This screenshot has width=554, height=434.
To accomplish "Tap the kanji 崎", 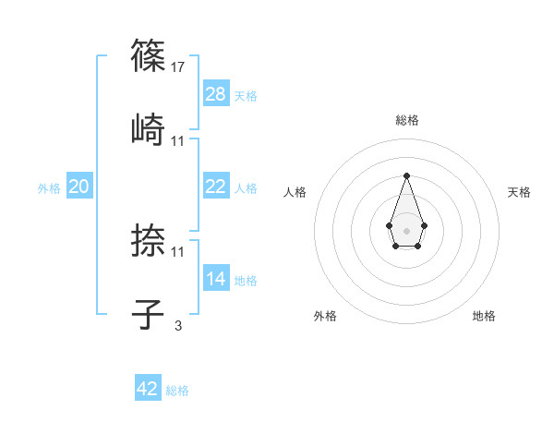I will pyautogui.click(x=149, y=127).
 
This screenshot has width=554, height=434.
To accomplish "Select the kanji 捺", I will pyautogui.click(x=149, y=240).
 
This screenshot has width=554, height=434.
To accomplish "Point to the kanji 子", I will pyautogui.click(x=149, y=312).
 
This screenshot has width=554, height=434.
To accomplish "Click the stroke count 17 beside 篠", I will pyautogui.click(x=178, y=67).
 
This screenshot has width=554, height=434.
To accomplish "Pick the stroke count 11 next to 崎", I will pyautogui.click(x=178, y=141).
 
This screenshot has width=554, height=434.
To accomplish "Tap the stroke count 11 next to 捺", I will pyautogui.click(x=178, y=252).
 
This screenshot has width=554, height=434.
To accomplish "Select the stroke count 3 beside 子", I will pyautogui.click(x=178, y=325).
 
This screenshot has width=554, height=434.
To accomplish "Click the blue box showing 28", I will pyautogui.click(x=216, y=94).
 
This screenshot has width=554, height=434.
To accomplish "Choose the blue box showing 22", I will pyautogui.click(x=216, y=187).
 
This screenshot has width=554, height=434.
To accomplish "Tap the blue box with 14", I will pyautogui.click(x=216, y=279).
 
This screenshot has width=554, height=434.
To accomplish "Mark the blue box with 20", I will pyautogui.click(x=79, y=187).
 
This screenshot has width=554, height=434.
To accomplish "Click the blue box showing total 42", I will pyautogui.click(x=148, y=389).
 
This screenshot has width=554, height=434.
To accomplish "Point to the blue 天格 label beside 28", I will pyautogui.click(x=246, y=96).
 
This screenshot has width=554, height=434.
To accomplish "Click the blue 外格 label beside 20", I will pyautogui.click(x=49, y=188).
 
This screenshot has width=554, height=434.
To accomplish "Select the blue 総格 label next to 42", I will pyautogui.click(x=177, y=391).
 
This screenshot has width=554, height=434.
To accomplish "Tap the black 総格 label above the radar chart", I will pyautogui.click(x=407, y=120).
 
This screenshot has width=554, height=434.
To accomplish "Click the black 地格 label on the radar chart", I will pyautogui.click(x=484, y=316).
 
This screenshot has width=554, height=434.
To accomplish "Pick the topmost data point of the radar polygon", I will pyautogui.click(x=406, y=175).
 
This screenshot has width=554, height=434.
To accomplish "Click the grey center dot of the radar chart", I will pyautogui.click(x=406, y=230).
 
